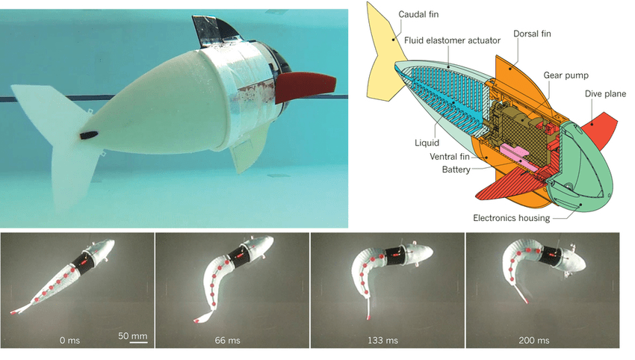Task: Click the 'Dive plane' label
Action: pos(604,93)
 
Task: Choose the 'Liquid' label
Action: pos(427,141)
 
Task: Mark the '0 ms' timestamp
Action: pos(69,340)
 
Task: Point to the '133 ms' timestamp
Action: pos(382,340)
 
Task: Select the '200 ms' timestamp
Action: pos(535,340)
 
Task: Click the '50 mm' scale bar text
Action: pos(133,336)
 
